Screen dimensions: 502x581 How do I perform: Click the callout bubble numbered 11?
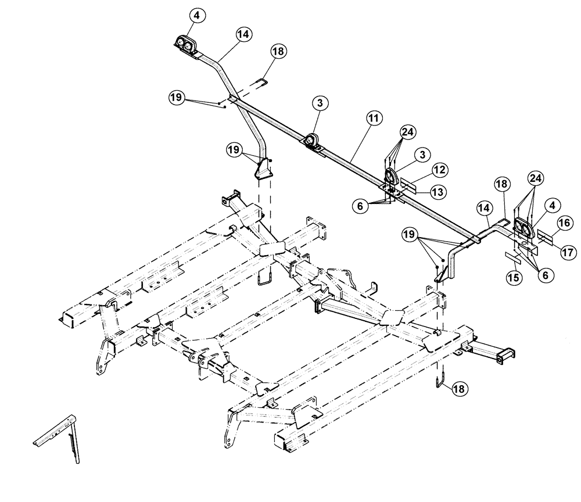click(374, 117)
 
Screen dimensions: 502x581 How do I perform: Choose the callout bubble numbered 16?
click(563, 223)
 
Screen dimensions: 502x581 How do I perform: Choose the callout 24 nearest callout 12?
click(406, 131)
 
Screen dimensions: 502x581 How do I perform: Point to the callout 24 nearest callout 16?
click(535, 177)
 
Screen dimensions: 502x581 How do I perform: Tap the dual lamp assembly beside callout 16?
click(523, 230)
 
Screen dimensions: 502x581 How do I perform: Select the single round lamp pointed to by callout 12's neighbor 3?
click(393, 176)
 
